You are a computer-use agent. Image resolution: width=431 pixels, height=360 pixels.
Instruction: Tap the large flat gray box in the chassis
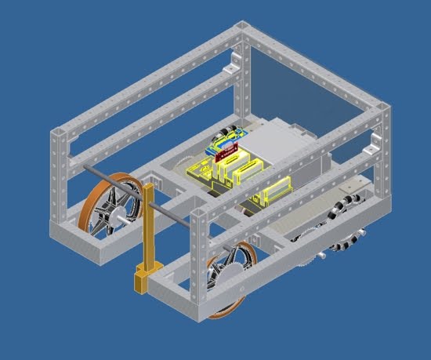[x=282, y=145]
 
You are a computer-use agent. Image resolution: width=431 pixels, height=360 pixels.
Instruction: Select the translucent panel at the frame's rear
[x=313, y=86]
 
